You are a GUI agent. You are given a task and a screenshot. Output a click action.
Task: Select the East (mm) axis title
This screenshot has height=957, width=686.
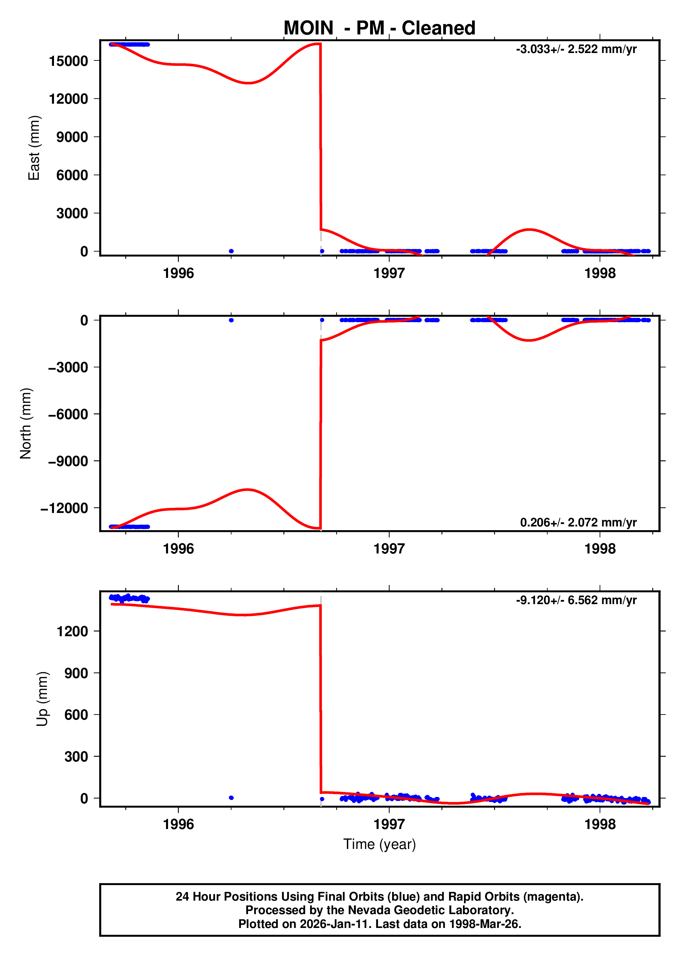34,148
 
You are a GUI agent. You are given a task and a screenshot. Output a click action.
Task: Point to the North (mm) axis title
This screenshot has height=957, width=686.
26,423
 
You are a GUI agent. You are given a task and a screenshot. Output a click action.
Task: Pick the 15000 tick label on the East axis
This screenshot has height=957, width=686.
68,61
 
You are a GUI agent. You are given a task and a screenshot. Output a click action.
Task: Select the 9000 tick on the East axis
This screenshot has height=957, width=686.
72,137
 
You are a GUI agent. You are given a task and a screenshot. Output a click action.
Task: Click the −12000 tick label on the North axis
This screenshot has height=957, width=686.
64,508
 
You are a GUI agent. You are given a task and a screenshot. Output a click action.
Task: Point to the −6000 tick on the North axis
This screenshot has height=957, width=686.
68,414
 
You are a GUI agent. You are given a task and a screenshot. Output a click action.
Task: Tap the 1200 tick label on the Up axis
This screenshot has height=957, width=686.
72,631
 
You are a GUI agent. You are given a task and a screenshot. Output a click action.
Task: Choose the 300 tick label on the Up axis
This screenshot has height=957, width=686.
76,756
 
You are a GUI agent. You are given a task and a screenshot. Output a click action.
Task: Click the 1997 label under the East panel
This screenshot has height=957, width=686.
389,274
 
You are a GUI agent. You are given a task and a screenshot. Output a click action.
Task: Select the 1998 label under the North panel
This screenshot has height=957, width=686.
600,549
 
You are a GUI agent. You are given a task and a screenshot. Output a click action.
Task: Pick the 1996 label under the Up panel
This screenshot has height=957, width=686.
179,824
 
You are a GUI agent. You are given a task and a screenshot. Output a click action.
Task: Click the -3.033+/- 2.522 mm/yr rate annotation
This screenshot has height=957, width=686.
576,49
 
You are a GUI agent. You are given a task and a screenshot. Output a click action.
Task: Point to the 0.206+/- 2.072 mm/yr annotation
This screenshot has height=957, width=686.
578,522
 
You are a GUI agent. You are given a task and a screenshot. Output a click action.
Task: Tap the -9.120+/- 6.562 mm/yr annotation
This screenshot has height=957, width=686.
576,600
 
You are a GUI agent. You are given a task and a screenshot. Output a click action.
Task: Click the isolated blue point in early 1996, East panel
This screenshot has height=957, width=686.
231,251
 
